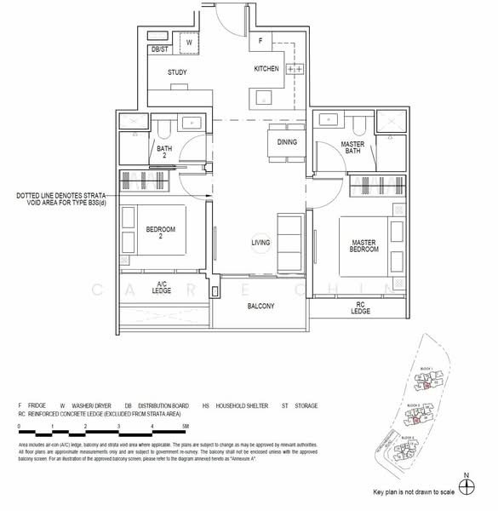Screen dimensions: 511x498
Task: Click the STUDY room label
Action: point(177,72)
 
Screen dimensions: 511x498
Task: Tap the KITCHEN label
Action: point(266,69)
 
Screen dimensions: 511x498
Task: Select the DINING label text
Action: point(287,142)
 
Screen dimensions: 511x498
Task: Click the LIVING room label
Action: point(260,243)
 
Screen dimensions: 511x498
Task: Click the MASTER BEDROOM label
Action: point(363,246)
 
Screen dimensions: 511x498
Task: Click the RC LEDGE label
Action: point(361,307)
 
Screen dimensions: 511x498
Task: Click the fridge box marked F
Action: point(260,40)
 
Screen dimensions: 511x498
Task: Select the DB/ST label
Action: point(158,50)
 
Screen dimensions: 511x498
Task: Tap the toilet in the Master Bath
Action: point(358,125)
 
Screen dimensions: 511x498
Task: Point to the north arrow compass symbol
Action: point(466,486)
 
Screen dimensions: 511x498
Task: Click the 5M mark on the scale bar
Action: point(185,424)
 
